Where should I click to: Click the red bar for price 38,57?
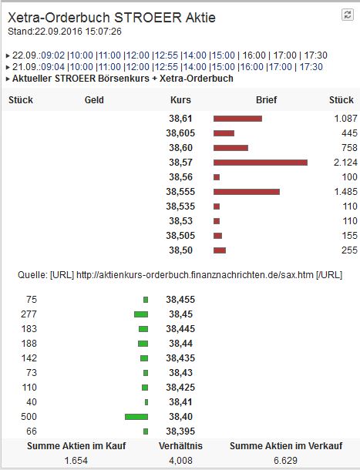point(260,162)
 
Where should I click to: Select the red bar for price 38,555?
point(246,191)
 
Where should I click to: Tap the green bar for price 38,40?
point(136,416)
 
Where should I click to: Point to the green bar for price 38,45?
point(140,314)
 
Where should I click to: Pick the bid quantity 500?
point(31,416)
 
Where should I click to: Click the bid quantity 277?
point(31,314)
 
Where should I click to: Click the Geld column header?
point(93,100)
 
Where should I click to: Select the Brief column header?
point(266,100)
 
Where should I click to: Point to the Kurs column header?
point(180,100)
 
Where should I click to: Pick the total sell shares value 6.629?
point(285,461)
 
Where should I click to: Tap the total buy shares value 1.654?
point(75,461)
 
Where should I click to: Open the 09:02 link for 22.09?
point(53,55)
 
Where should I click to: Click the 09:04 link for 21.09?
point(53,67)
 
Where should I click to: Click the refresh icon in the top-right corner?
point(347,15)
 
